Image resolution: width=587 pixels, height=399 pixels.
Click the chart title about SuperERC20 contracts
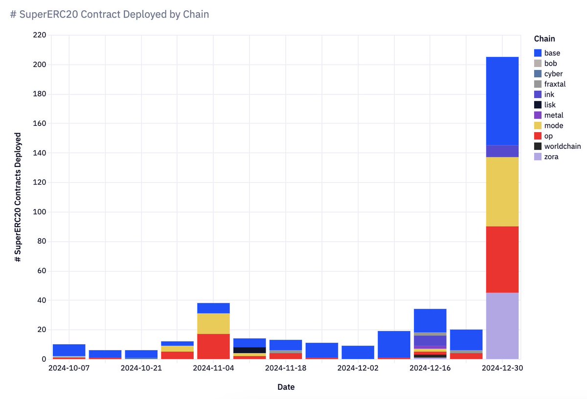click(x=110, y=15)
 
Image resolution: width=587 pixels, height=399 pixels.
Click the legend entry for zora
click(x=551, y=157)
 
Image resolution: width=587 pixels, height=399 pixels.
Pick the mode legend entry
click(x=553, y=126)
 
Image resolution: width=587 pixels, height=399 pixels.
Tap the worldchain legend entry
click(x=562, y=146)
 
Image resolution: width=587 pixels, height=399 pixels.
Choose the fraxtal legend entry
click(x=555, y=84)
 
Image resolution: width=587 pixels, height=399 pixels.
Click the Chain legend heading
click(x=544, y=39)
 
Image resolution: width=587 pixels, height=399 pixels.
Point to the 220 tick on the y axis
click(x=40, y=35)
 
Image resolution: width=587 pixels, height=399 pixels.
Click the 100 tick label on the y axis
click(x=40, y=212)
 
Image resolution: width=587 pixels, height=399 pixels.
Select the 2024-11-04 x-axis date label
click(x=213, y=368)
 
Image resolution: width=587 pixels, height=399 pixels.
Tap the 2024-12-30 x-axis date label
click(x=502, y=368)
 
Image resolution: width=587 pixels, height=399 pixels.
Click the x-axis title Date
click(x=286, y=387)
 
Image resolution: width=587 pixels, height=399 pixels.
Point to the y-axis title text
click(x=18, y=197)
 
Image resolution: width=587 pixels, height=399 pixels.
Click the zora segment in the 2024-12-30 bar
click(x=502, y=326)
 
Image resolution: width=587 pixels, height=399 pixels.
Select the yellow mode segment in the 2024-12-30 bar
click(x=502, y=191)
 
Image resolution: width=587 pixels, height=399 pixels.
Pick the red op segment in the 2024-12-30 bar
click(x=502, y=259)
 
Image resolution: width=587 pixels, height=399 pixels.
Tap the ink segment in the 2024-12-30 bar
click(x=502, y=151)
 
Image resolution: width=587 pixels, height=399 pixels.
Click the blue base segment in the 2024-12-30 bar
click(x=502, y=101)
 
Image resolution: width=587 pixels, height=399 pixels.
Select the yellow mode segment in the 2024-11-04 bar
click(x=213, y=324)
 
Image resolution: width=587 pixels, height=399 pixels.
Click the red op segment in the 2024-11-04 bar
click(x=213, y=346)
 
